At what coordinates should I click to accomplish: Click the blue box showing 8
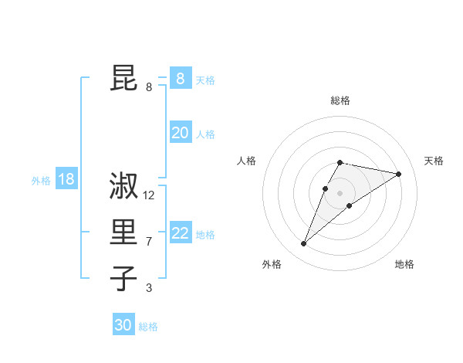pos(180,79)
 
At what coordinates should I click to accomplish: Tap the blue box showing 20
pos(180,133)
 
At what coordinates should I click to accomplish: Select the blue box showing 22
pos(180,233)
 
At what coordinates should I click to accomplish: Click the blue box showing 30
pos(123,325)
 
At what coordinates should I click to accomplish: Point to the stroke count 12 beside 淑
pos(149,195)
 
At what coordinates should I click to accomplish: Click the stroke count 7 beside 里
pos(149,242)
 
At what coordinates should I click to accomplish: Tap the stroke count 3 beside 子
pos(149,288)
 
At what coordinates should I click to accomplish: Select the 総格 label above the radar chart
pos(340,100)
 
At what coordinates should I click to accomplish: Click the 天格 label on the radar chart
pos(434,161)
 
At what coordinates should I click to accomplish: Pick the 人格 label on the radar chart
pos(247,161)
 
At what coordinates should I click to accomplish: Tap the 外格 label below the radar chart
pos(272,265)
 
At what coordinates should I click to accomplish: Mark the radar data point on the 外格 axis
pos(303,244)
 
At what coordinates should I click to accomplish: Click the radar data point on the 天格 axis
pos(398,174)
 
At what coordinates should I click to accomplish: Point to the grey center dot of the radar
pos(340,192)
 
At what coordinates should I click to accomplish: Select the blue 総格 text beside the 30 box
pos(149,327)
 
